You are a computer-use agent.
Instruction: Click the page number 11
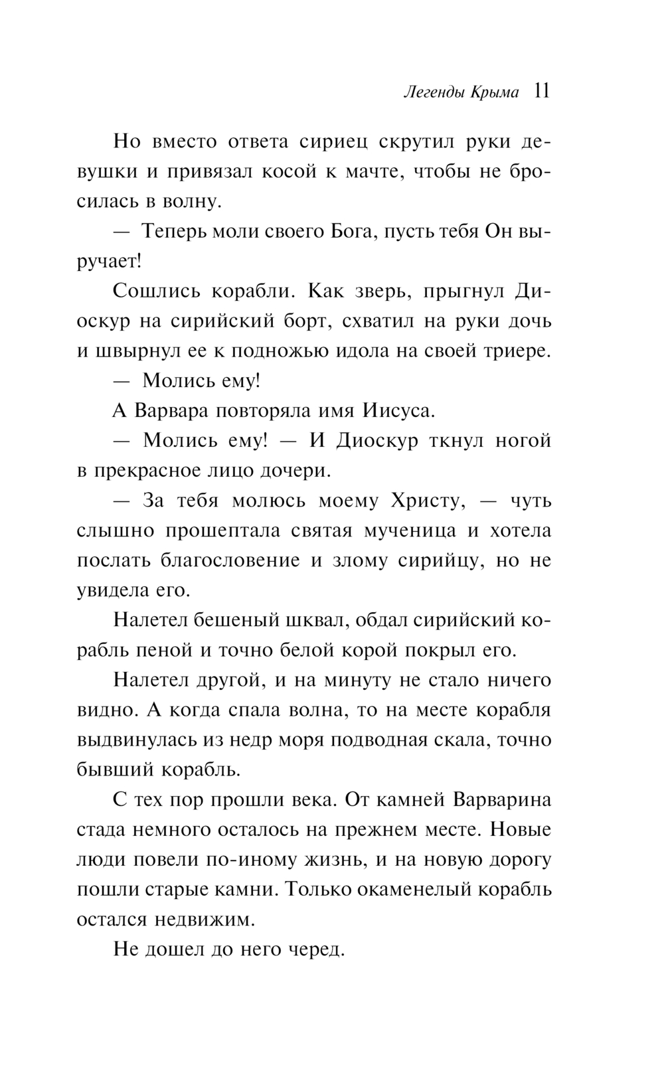pyautogui.click(x=541, y=92)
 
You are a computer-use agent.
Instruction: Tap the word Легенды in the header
pyautogui.click(x=433, y=93)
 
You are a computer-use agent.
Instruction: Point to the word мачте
pyautogui.click(x=372, y=172)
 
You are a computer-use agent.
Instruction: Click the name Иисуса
pyautogui.click(x=398, y=411)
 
